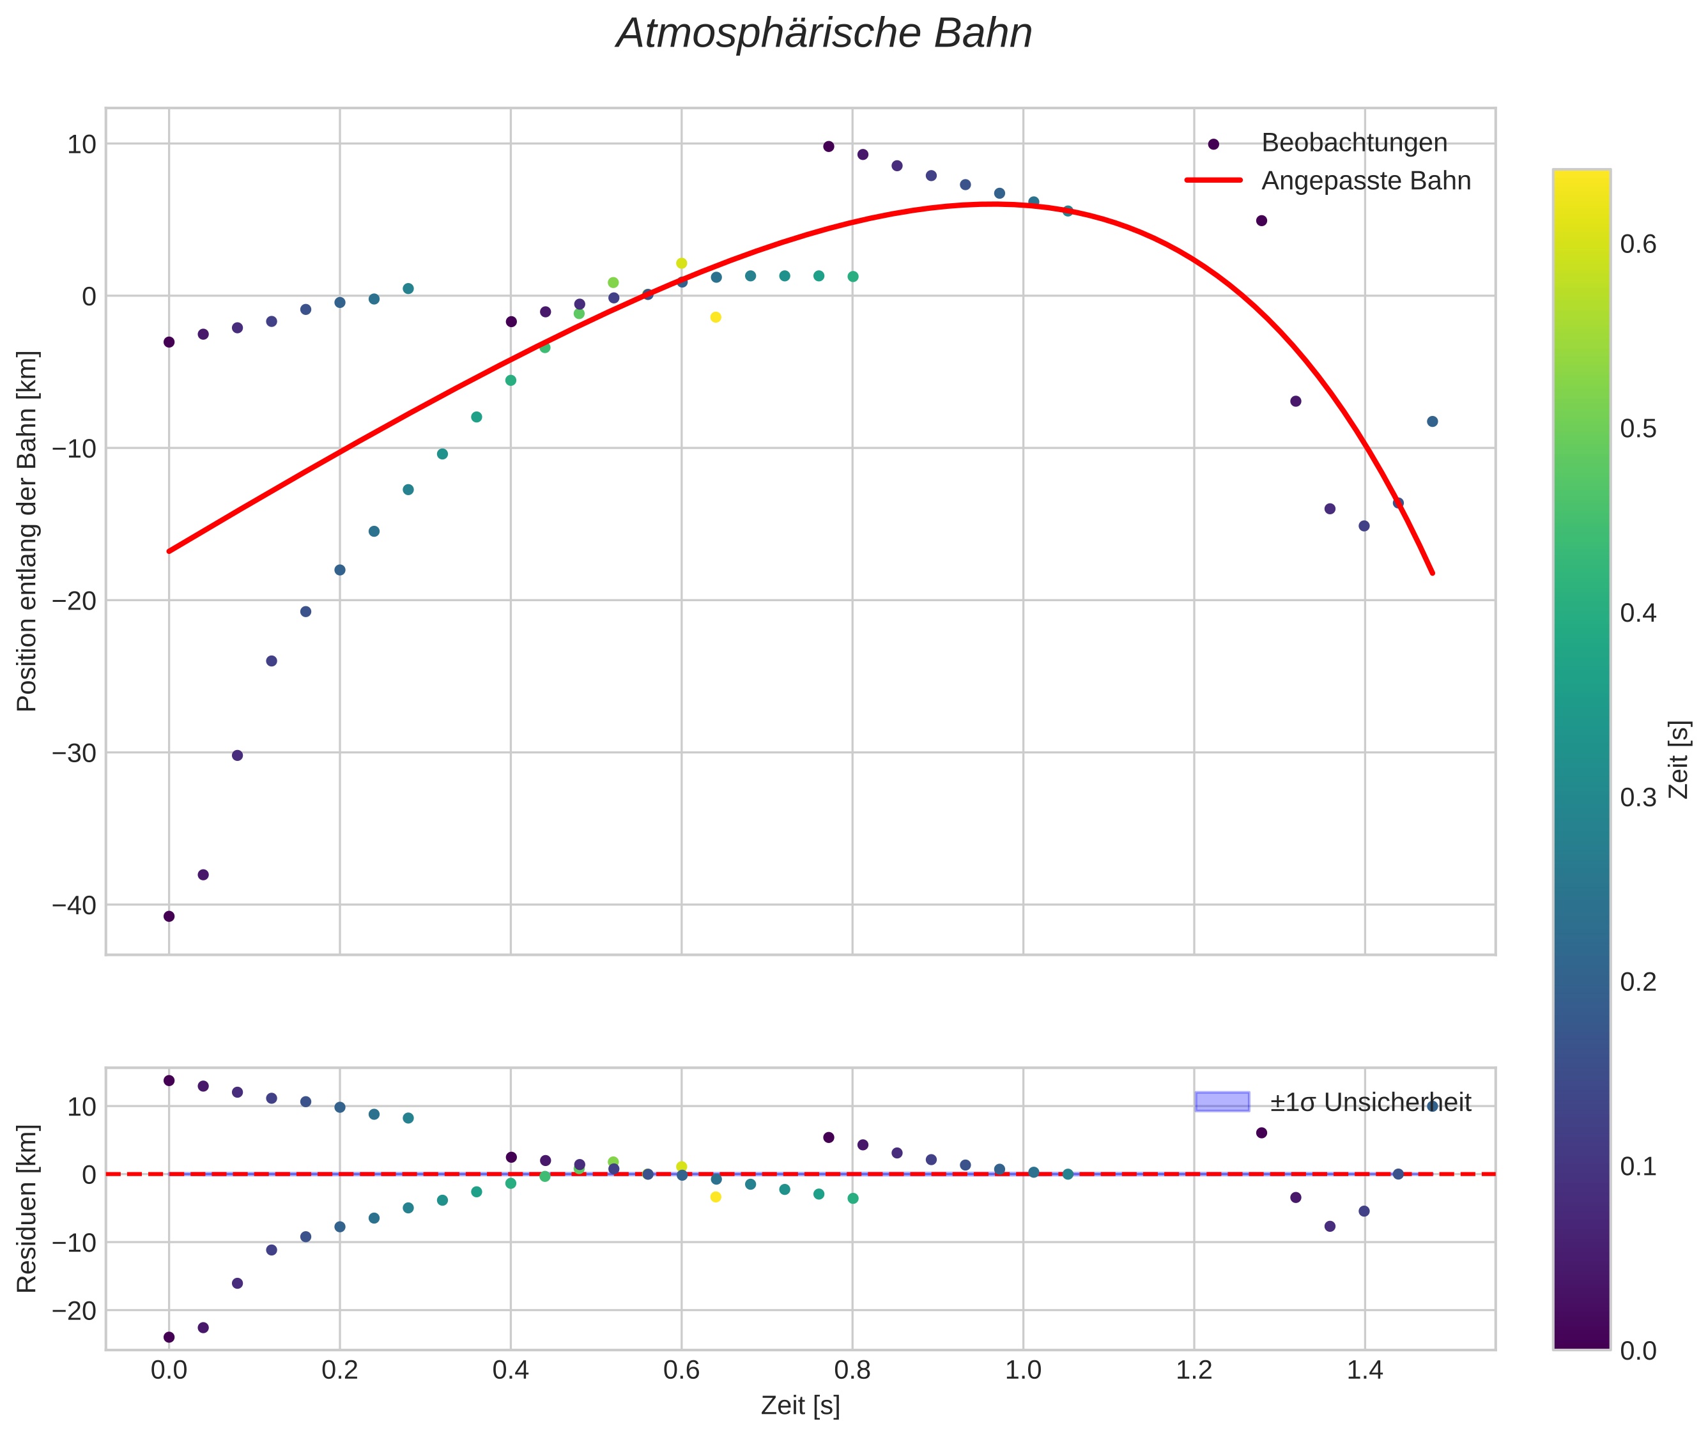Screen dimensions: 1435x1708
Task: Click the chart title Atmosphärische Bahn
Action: click(x=824, y=34)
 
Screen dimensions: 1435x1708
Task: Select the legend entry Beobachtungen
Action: click(x=1353, y=142)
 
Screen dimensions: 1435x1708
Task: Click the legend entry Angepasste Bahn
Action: click(x=1366, y=181)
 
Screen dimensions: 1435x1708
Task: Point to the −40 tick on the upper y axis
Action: click(x=74, y=905)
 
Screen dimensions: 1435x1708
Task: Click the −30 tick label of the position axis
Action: click(x=74, y=753)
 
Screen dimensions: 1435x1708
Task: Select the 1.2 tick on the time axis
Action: click(x=1194, y=1370)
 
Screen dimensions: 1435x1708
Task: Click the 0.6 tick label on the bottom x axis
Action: click(x=681, y=1370)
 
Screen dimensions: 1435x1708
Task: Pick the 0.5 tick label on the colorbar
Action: click(x=1638, y=429)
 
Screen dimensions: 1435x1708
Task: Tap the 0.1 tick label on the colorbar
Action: click(x=1638, y=1167)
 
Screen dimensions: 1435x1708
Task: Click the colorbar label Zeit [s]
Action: click(x=1679, y=759)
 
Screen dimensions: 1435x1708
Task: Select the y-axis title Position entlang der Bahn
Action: click(x=27, y=530)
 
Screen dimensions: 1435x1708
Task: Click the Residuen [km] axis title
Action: click(x=27, y=1208)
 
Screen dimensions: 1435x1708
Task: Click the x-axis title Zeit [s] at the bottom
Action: click(x=800, y=1406)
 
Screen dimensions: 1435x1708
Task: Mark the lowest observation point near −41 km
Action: click(x=169, y=916)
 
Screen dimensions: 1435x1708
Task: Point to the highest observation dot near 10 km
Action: click(x=828, y=146)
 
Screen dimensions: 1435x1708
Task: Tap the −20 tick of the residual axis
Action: click(x=74, y=1310)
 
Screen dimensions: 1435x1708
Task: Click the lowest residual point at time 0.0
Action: click(x=169, y=1337)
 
